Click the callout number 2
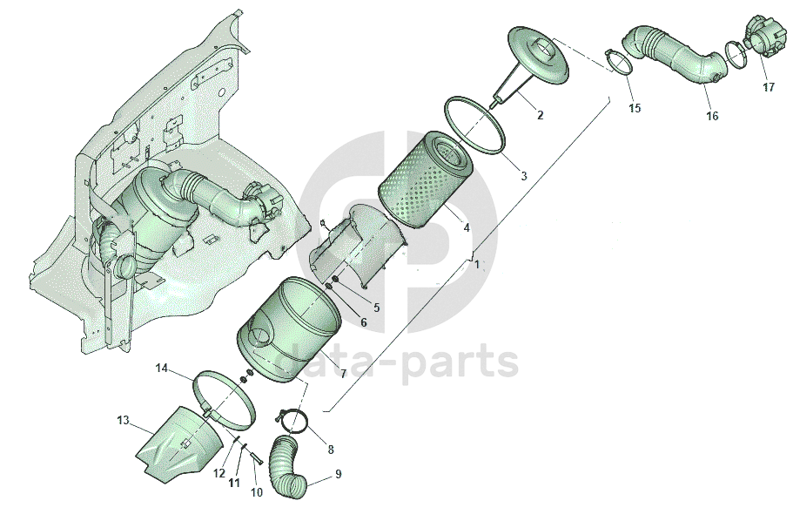(540, 116)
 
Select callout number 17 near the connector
(769, 87)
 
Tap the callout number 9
(338, 475)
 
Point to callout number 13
(123, 420)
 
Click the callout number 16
(712, 116)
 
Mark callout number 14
(161, 368)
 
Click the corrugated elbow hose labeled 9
(287, 470)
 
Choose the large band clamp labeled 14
(228, 396)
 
